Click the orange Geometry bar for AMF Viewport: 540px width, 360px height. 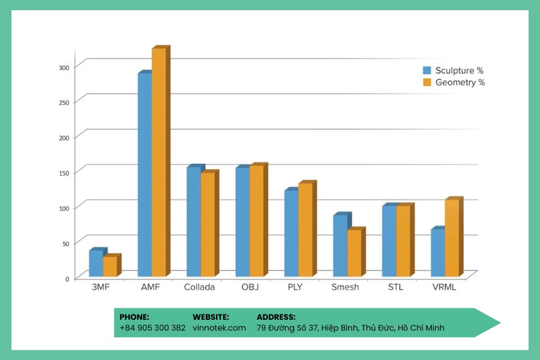159,162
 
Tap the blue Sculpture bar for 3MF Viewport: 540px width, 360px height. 96,263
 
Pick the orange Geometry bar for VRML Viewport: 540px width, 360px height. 452,238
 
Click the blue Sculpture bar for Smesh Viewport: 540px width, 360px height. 340,245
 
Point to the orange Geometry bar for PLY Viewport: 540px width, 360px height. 305,229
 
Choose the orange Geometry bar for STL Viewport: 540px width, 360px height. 403,241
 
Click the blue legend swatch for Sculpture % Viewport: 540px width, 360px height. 427,70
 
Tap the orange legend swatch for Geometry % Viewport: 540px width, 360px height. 427,82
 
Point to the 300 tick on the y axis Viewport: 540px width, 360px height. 64,68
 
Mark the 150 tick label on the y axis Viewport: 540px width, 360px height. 64,173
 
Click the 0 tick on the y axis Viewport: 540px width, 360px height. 67,279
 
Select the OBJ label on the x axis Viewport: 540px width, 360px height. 250,287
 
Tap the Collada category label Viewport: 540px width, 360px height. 199,287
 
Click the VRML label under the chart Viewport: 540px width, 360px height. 444,287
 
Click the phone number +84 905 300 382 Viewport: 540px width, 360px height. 152,328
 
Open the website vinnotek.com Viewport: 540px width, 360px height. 220,328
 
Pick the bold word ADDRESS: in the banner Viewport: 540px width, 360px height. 276,317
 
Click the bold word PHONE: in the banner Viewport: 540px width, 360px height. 134,317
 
